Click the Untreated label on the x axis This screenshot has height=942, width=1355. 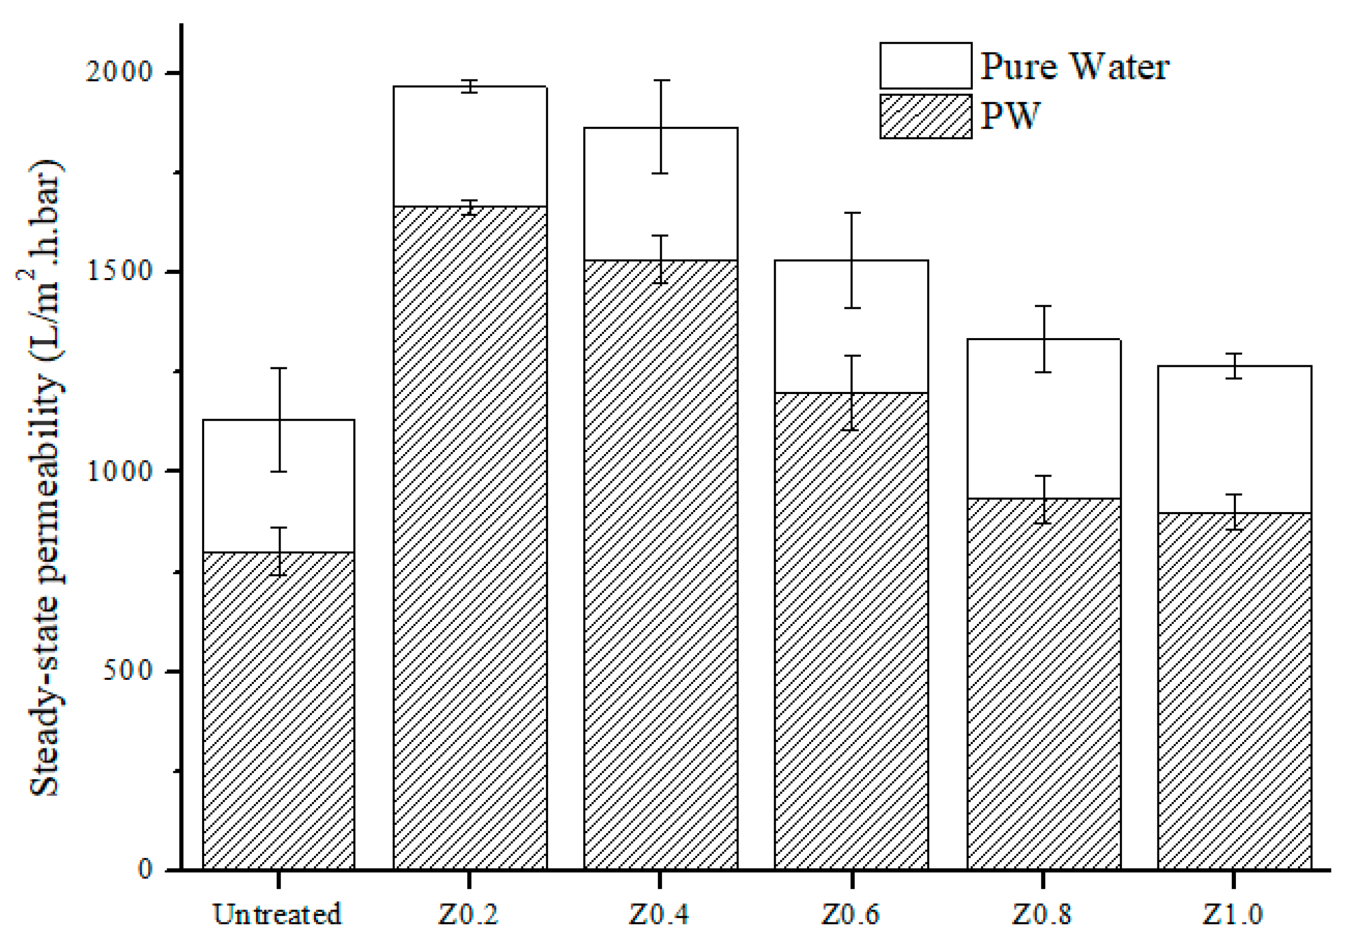[x=278, y=914]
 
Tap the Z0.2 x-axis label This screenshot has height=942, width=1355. [x=468, y=914]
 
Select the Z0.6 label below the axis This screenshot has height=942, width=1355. [x=852, y=914]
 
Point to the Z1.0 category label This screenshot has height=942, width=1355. [x=1233, y=914]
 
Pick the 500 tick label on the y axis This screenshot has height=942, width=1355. [x=128, y=671]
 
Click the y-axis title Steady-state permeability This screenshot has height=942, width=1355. [x=46, y=478]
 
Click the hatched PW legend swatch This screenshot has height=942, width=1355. [x=926, y=116]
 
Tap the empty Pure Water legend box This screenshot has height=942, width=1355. [x=926, y=66]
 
